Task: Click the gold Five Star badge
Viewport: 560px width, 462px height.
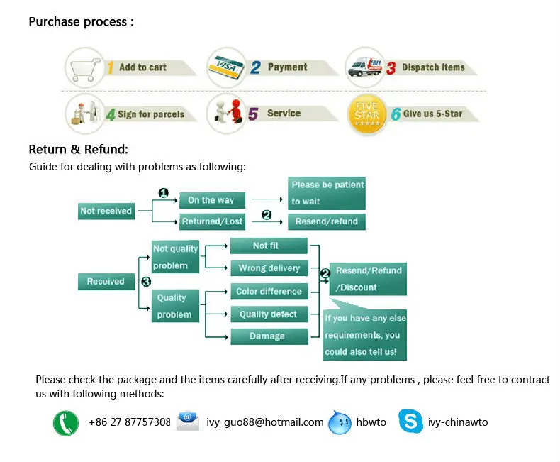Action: pyautogui.click(x=367, y=114)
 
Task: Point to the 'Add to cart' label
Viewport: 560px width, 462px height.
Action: pyautogui.click(x=142, y=67)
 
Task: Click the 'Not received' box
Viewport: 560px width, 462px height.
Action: pyautogui.click(x=106, y=211)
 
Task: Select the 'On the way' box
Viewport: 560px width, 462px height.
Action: pyautogui.click(x=211, y=200)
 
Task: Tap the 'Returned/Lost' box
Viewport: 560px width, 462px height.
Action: pyautogui.click(x=212, y=221)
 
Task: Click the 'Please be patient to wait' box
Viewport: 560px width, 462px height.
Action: pyautogui.click(x=327, y=193)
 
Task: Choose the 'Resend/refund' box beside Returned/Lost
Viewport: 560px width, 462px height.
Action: pyautogui.click(x=327, y=221)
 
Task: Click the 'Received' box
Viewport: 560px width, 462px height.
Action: pyautogui.click(x=106, y=282)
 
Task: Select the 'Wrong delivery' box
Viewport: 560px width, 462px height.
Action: pyautogui.click(x=269, y=268)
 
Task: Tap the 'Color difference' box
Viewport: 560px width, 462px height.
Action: pyautogui.click(x=269, y=291)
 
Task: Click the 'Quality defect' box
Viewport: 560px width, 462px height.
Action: pyautogui.click(x=269, y=314)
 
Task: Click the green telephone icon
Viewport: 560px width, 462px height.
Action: pyautogui.click(x=66, y=423)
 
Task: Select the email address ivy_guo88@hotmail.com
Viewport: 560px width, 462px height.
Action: pyautogui.click(x=265, y=422)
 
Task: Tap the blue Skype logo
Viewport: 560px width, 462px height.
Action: pyautogui.click(x=410, y=422)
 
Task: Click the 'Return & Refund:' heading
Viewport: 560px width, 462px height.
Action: pyautogui.click(x=78, y=150)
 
